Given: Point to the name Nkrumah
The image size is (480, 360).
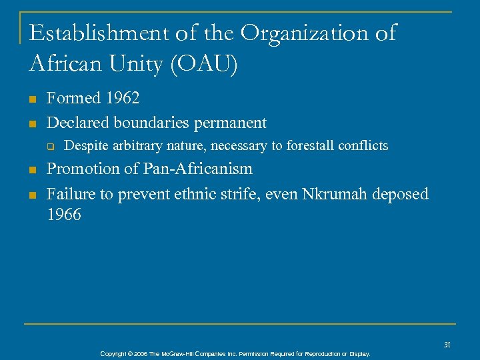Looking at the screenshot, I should coord(336,194).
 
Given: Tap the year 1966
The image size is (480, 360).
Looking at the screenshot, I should coord(64,215).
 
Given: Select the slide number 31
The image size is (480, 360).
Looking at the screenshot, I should coord(447,345).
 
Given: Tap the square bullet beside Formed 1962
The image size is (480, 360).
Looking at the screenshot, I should coord(32,99).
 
